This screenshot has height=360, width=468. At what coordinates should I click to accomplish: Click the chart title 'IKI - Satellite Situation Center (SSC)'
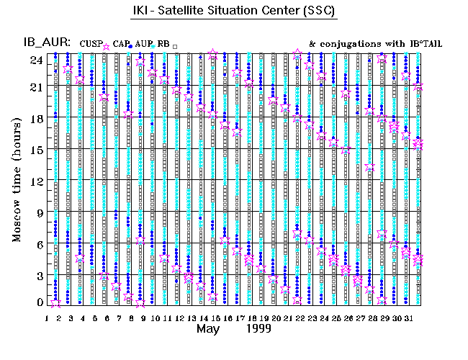tap(234, 12)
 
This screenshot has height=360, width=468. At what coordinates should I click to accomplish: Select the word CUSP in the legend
tap(92, 45)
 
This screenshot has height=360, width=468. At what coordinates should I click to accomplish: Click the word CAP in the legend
tap(120, 45)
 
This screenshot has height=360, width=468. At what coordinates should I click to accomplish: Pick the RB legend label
tap(163, 45)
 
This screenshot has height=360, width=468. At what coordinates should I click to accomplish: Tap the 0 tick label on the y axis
tap(39, 303)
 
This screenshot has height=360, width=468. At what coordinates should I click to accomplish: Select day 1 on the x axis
tap(47, 318)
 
